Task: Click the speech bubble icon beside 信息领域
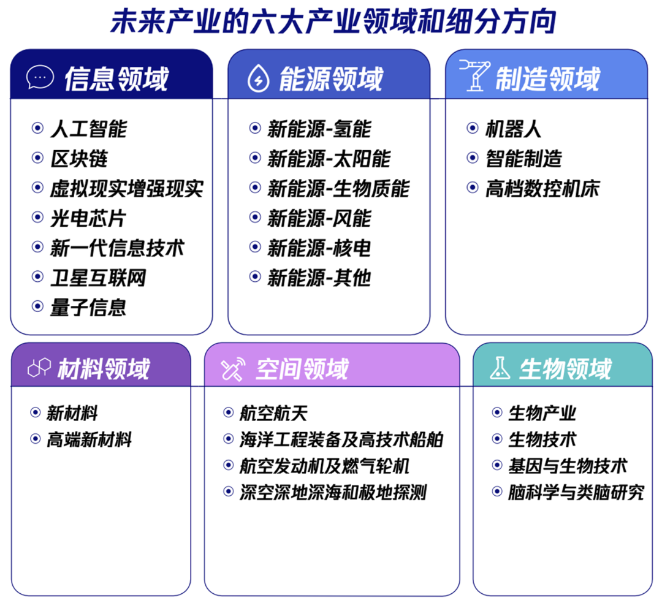(40, 77)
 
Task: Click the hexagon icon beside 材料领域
(39, 369)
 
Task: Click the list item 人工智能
(88, 129)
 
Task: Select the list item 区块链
(78, 159)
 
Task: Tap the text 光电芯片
(88, 218)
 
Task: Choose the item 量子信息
(88, 306)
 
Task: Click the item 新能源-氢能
(319, 129)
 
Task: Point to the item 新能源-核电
(319, 248)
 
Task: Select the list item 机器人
(513, 129)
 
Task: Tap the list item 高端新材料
(89, 439)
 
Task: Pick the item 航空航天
(273, 413)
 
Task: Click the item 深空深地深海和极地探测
(333, 492)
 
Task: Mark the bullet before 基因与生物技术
(497, 465)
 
